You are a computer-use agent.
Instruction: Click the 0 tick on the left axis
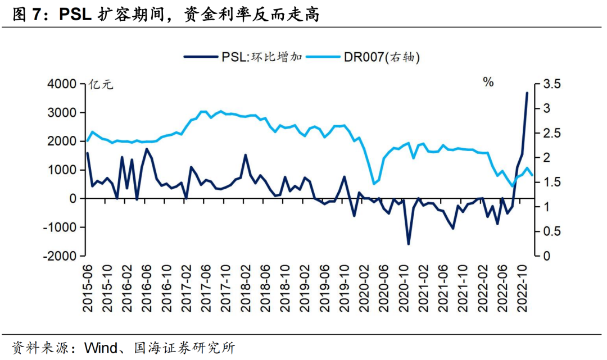[73, 198]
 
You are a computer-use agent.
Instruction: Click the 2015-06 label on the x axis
[88, 286]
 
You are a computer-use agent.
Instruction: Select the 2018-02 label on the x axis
[246, 286]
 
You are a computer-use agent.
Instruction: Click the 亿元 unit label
[101, 85]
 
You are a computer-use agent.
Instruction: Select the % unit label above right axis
[488, 83]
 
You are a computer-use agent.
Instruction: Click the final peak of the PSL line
[527, 93]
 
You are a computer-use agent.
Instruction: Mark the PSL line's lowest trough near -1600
[409, 244]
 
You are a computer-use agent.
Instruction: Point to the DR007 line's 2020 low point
[374, 184]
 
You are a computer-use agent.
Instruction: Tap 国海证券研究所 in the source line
[183, 348]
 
